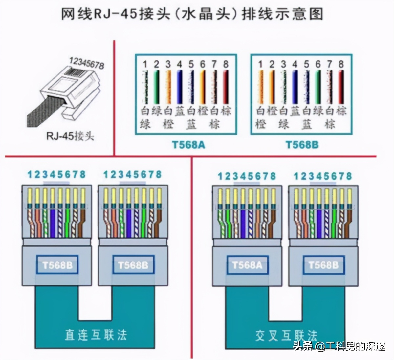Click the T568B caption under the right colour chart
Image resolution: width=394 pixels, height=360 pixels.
302,145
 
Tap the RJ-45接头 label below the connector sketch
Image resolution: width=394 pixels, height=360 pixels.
70,135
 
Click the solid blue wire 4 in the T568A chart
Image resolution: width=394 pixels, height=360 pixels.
179,87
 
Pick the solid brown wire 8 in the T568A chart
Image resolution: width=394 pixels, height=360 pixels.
226,87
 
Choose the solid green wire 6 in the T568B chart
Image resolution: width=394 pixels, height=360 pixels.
318,87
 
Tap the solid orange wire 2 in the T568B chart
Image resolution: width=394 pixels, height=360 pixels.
272,87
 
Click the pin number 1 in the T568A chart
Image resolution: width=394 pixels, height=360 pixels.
145,64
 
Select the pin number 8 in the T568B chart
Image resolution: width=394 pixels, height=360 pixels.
341,64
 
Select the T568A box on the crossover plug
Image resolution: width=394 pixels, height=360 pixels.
247,265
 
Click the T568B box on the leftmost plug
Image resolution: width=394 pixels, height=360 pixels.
57,265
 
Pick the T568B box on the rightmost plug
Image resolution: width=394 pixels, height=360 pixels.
323,265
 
